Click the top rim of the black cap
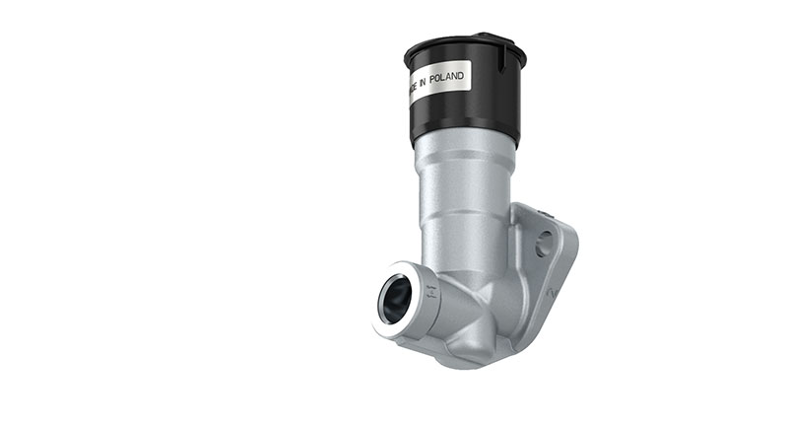[463, 41]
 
